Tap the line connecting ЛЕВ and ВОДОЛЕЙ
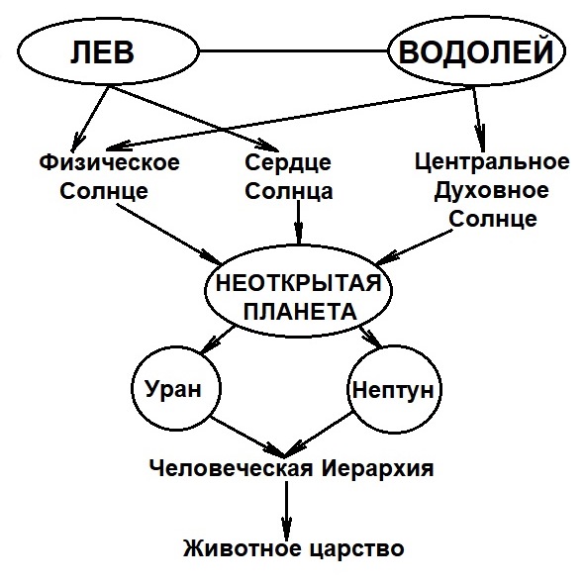pyautogui.click(x=293, y=51)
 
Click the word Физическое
pyautogui.click(x=110, y=163)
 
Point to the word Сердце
pyautogui.click(x=288, y=163)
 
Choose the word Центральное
pyautogui.click(x=492, y=162)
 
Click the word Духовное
pyautogui.click(x=491, y=191)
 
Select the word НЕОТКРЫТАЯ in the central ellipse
pyautogui.click(x=299, y=282)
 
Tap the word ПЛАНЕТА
pyautogui.click(x=300, y=311)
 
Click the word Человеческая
pyautogui.click(x=231, y=468)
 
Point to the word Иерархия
pyautogui.click(x=377, y=468)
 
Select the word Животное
pyautogui.click(x=243, y=548)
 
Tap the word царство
pyautogui.click(x=357, y=549)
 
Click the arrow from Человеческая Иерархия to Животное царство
pyautogui.click(x=286, y=510)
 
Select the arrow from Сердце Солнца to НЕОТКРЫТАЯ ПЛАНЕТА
pyautogui.click(x=298, y=223)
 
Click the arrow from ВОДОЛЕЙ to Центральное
pyautogui.click(x=479, y=120)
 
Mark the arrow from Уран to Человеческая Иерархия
pyautogui.click(x=247, y=437)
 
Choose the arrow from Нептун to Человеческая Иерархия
pyautogui.click(x=319, y=435)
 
